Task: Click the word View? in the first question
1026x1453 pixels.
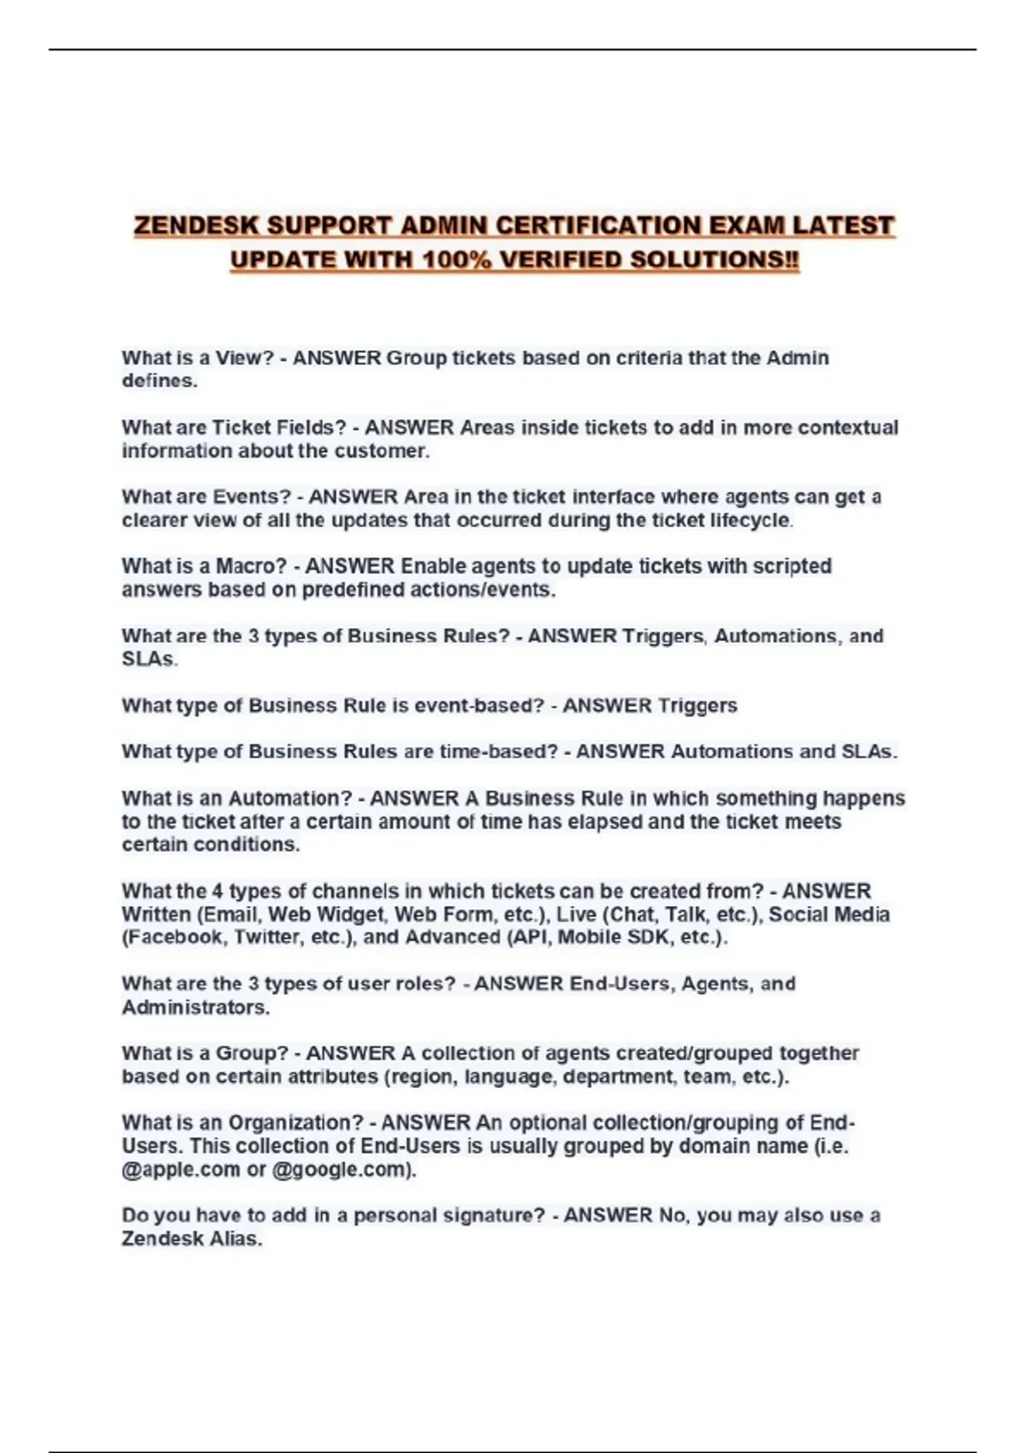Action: point(244,358)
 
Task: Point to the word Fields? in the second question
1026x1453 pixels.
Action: point(311,427)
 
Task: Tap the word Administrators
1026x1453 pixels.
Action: point(195,1008)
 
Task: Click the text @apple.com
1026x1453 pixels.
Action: point(181,1170)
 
